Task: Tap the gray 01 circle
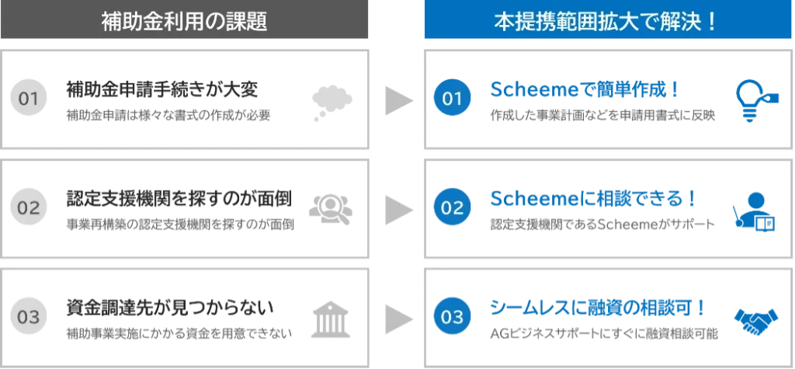(28, 99)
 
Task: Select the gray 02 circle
(28, 208)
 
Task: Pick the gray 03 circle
(28, 317)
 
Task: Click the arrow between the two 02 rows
(398, 207)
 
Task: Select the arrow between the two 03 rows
(398, 317)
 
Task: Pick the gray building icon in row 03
(332, 318)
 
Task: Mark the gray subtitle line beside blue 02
(602, 226)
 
